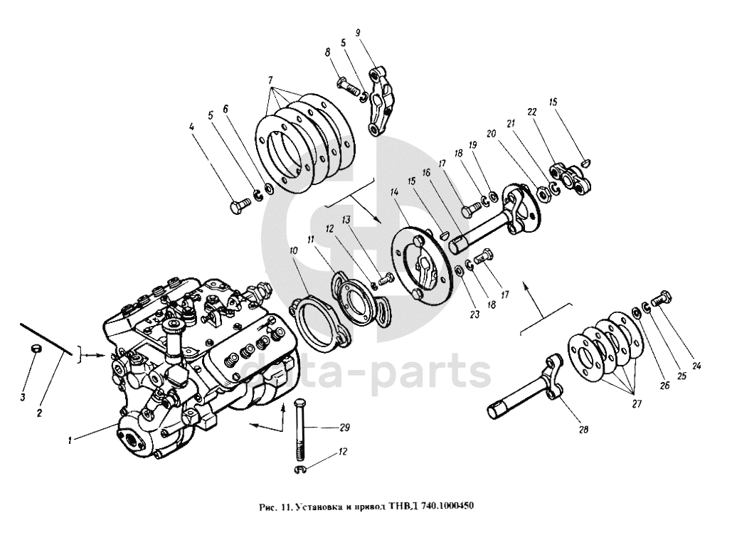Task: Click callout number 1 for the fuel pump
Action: [x=70, y=440]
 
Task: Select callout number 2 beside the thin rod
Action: [x=40, y=411]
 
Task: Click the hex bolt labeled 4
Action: [x=238, y=207]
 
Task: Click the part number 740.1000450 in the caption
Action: [x=441, y=507]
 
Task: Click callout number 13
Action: [x=346, y=220]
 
